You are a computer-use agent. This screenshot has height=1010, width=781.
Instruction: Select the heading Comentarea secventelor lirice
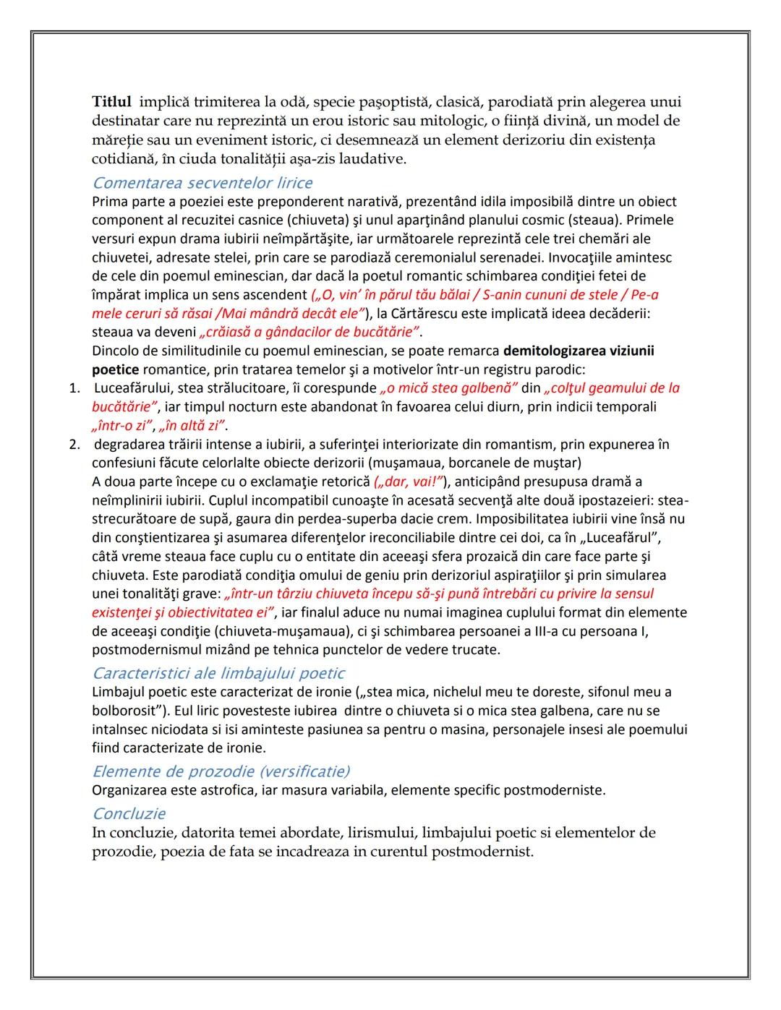point(202,183)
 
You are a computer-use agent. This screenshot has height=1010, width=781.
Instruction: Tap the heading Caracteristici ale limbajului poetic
point(218,673)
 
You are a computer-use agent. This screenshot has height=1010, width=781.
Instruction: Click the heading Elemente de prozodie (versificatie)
point(221,771)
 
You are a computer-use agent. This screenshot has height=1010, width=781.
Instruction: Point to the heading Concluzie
point(129,813)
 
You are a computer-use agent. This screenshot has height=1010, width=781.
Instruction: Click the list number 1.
point(74,388)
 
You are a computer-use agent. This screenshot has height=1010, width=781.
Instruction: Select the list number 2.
point(74,444)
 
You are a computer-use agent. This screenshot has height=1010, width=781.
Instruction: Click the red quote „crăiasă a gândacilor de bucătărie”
point(310,333)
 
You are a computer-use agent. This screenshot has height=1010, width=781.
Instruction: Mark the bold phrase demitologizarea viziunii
point(579,351)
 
